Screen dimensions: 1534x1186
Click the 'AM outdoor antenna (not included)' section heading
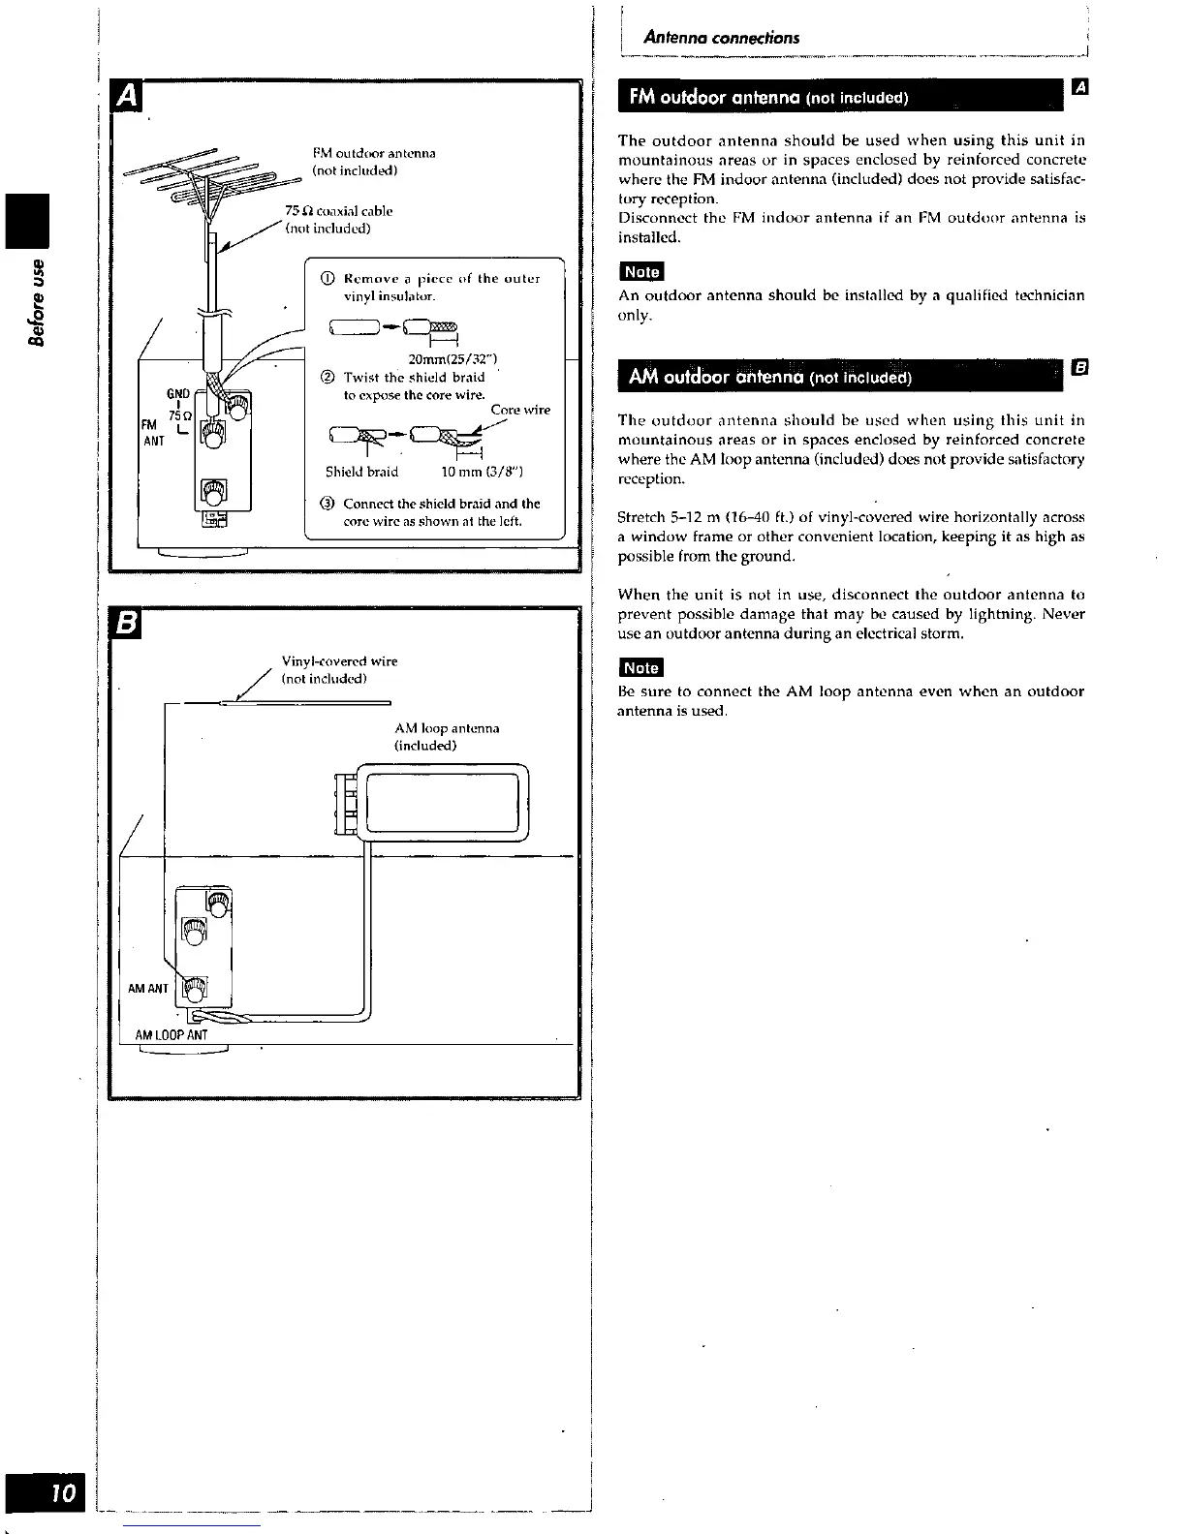769,377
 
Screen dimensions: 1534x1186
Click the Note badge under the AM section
640,668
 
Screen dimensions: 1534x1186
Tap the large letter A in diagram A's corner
128,97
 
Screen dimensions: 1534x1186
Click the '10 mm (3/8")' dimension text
483,473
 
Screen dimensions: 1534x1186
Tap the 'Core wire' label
520,410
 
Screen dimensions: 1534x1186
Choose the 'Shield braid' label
361,473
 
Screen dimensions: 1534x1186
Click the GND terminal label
178,393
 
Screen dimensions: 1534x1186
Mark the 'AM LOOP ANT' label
172,1035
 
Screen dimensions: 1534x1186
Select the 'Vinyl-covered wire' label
339,661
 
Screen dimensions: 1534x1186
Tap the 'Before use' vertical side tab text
39,301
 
